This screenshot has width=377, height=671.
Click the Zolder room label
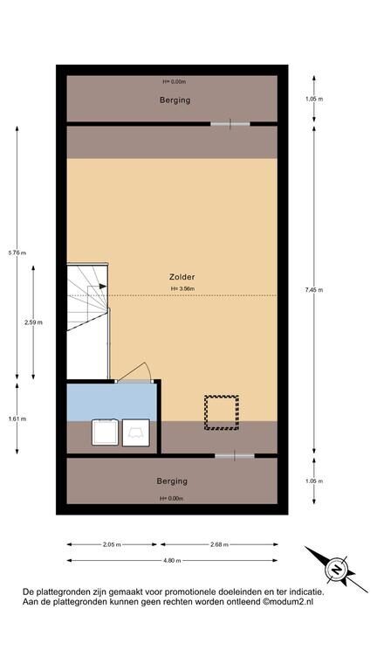[182, 277]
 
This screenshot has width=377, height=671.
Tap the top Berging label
[175, 100]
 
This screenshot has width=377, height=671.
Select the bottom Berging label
[172, 481]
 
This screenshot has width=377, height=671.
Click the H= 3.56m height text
[182, 289]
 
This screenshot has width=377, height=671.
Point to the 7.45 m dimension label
[314, 290]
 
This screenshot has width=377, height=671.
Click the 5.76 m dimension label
[17, 252]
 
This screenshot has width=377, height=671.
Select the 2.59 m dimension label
[33, 322]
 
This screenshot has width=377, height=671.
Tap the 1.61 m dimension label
[17, 419]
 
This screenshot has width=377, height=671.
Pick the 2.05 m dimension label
[112, 545]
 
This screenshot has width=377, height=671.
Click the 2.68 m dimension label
[219, 545]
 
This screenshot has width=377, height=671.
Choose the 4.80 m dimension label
[172, 561]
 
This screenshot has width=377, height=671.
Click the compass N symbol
[337, 569]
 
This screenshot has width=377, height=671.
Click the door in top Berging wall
[230, 124]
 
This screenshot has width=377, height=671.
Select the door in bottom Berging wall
[234, 456]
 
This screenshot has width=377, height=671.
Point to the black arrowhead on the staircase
[103, 286]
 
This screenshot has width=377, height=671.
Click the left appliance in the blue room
[105, 432]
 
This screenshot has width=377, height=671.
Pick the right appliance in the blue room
[136, 432]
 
